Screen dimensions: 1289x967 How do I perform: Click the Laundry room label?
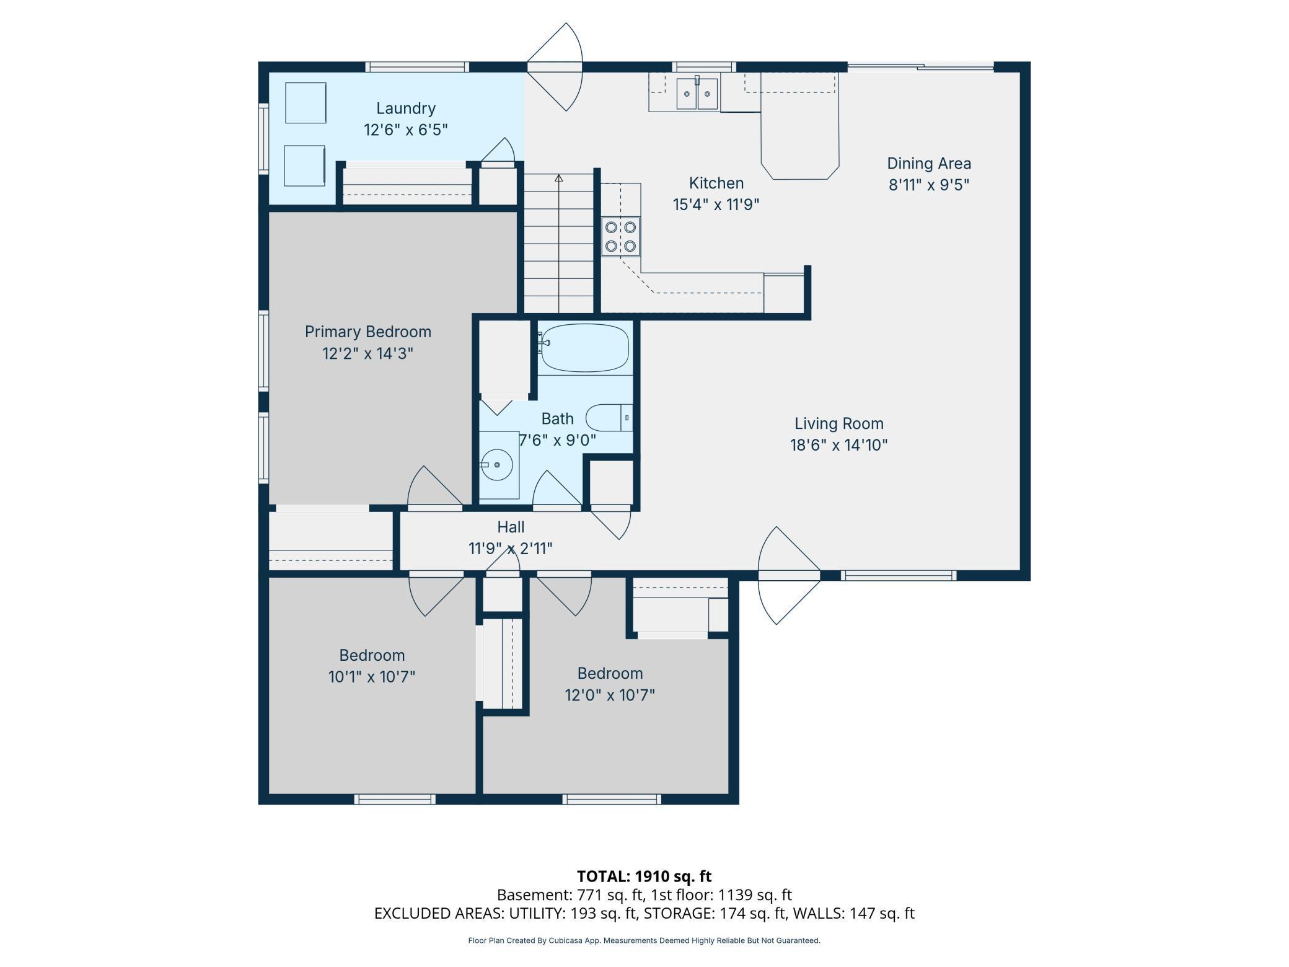[x=406, y=108]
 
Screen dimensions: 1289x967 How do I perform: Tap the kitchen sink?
[x=697, y=94]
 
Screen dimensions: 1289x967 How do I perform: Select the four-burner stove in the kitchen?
[x=621, y=237]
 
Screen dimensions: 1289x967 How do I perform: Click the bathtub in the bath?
[x=585, y=348]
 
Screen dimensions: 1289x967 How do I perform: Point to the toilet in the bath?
[x=609, y=418]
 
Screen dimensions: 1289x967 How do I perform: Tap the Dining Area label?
[x=929, y=164]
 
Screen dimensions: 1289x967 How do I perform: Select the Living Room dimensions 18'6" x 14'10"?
[x=839, y=445]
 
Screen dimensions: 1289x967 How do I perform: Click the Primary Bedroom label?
[x=368, y=332]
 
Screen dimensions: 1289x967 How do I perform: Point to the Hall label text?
[x=511, y=527]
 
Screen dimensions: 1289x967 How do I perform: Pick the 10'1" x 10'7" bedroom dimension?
[x=372, y=676]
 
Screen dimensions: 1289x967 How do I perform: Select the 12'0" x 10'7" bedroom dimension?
[x=610, y=695]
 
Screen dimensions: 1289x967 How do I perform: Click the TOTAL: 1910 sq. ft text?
[x=644, y=876]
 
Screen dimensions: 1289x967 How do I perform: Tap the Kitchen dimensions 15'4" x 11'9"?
[x=716, y=205]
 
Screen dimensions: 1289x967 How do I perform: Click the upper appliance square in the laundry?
[x=306, y=103]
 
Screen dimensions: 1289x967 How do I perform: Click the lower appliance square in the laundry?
[x=304, y=166]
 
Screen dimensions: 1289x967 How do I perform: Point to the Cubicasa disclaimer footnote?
[x=644, y=940]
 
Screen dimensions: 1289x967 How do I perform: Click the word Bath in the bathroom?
[x=558, y=419]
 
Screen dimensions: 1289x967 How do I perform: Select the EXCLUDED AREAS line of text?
[x=644, y=913]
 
